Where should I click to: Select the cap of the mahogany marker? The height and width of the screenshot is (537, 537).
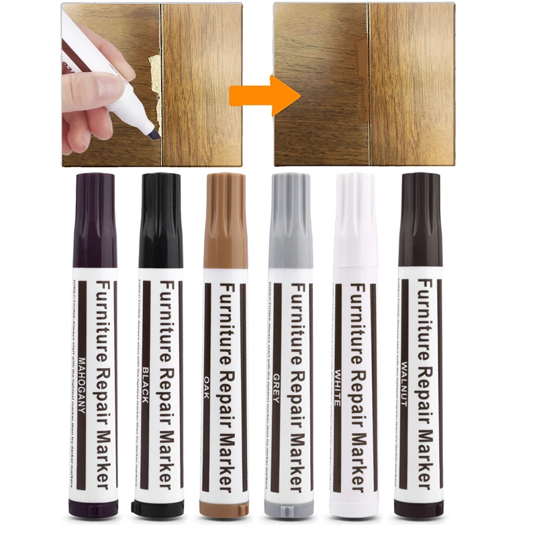coord(94,218)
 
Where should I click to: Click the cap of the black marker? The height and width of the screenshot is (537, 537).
coord(160,218)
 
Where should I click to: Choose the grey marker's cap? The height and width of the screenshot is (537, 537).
coord(291,218)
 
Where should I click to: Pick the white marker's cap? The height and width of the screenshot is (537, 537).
coord(356,218)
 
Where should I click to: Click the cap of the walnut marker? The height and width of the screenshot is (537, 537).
coord(420,218)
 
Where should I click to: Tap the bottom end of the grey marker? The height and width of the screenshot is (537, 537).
coord(291,508)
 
